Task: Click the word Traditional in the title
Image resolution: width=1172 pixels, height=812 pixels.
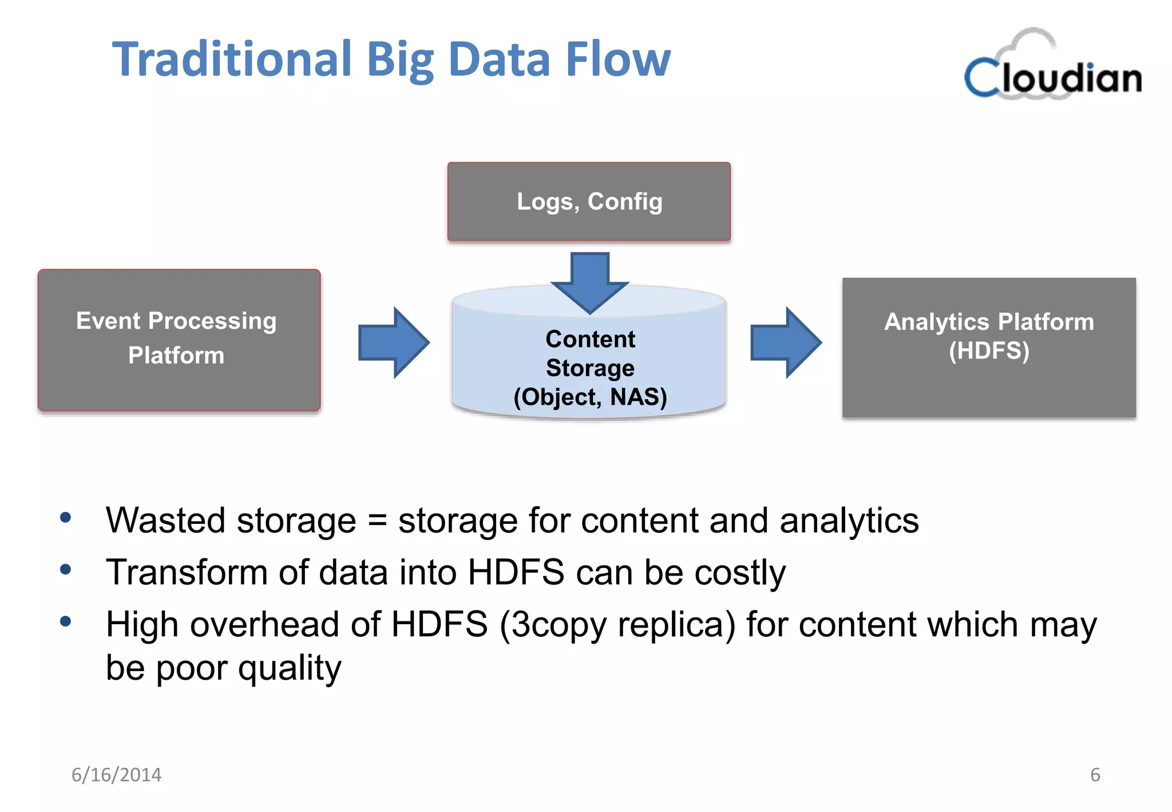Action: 232,60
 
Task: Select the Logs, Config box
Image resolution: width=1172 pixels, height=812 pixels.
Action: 589,202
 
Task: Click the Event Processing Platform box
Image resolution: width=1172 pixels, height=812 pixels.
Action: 179,340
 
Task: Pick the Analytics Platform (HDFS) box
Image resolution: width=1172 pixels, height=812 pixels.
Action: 988,348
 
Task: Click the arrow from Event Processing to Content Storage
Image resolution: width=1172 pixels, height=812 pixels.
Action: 394,342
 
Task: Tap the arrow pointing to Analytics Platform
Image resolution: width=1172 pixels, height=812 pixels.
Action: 786,342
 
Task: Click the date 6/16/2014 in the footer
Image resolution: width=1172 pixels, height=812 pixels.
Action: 116,775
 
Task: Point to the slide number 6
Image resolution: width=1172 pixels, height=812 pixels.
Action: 1095,775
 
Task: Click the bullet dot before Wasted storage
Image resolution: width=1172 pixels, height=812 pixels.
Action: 66,518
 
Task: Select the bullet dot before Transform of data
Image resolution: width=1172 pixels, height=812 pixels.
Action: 66,569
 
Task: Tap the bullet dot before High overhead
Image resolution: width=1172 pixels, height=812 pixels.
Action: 66,621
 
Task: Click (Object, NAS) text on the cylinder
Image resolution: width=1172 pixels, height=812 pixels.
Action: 590,397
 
